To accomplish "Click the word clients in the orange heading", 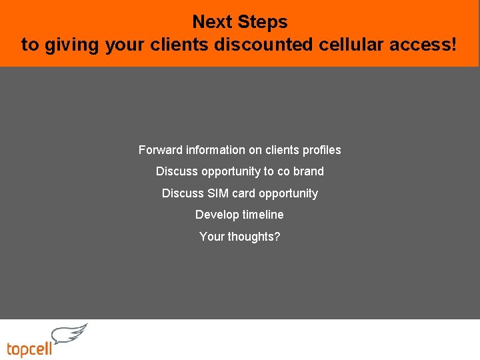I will pyautogui.click(x=183, y=45).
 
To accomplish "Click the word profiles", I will pyautogui.click(x=321, y=150).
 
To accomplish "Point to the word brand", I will pyautogui.click(x=309, y=171).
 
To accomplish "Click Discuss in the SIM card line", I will pyautogui.click(x=181, y=193).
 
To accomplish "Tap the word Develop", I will pyautogui.click(x=217, y=215).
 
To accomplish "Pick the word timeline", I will pyautogui.click(x=263, y=215).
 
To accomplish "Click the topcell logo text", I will pyautogui.click(x=29, y=349).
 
